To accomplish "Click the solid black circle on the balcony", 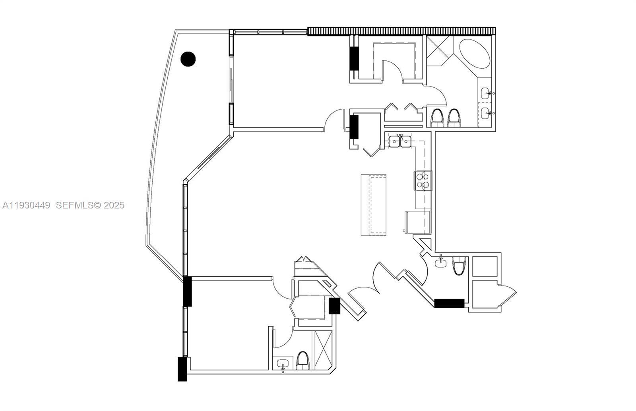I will click(188, 59).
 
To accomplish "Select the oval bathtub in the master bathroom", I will click(475, 54).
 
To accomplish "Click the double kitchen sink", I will click(400, 141).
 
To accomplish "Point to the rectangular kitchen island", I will click(374, 205).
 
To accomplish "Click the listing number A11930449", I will click(26, 205).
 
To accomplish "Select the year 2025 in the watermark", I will click(114, 205).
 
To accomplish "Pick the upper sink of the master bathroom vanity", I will click(486, 94).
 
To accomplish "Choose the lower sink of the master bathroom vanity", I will click(486, 114).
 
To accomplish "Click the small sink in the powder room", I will click(440, 262).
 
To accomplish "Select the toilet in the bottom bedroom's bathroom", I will click(302, 361).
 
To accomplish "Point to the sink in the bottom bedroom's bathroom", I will click(283, 365).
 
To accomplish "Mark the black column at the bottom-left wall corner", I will click(182, 369).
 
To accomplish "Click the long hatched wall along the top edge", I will click(401, 31).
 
